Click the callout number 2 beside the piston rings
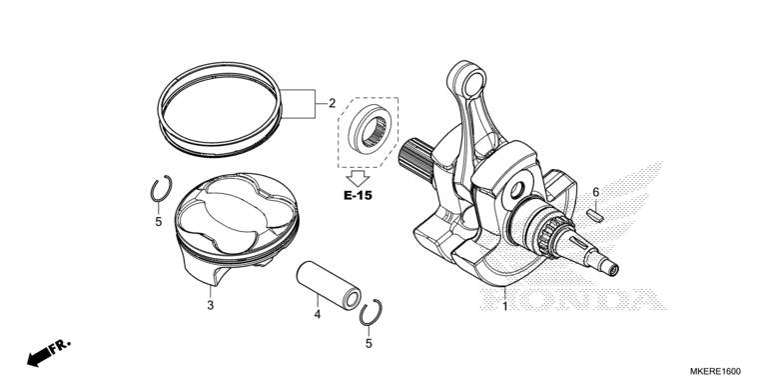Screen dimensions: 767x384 [332, 103]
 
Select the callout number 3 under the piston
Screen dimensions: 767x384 [211, 305]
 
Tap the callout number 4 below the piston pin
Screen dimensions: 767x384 [317, 314]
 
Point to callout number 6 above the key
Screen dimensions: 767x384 [596, 192]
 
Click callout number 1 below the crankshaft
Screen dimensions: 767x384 [505, 307]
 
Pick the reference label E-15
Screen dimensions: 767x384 [358, 195]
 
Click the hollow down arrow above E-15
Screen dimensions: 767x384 [358, 177]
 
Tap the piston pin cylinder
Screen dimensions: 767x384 [329, 285]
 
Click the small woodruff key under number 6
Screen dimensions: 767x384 [595, 214]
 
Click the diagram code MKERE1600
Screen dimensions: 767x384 [715, 372]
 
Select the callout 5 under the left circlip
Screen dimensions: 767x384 [159, 222]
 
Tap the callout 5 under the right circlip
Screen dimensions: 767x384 [369, 344]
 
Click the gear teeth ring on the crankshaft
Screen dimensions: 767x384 [549, 237]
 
